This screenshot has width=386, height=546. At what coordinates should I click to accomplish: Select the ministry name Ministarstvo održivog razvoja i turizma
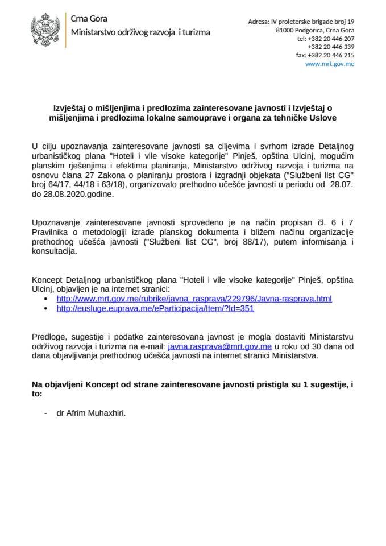point(140,32)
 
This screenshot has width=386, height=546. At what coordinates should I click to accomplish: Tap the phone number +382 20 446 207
point(326,39)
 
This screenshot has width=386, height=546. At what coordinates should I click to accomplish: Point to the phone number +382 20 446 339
point(331,47)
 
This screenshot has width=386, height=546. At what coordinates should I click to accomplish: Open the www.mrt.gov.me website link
point(330,64)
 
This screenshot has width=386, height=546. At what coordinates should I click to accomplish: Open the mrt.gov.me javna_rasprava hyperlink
point(194,298)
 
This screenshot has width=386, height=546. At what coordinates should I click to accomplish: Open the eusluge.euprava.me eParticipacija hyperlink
point(155,308)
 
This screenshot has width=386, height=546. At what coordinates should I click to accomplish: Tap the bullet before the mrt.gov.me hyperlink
point(46,299)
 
